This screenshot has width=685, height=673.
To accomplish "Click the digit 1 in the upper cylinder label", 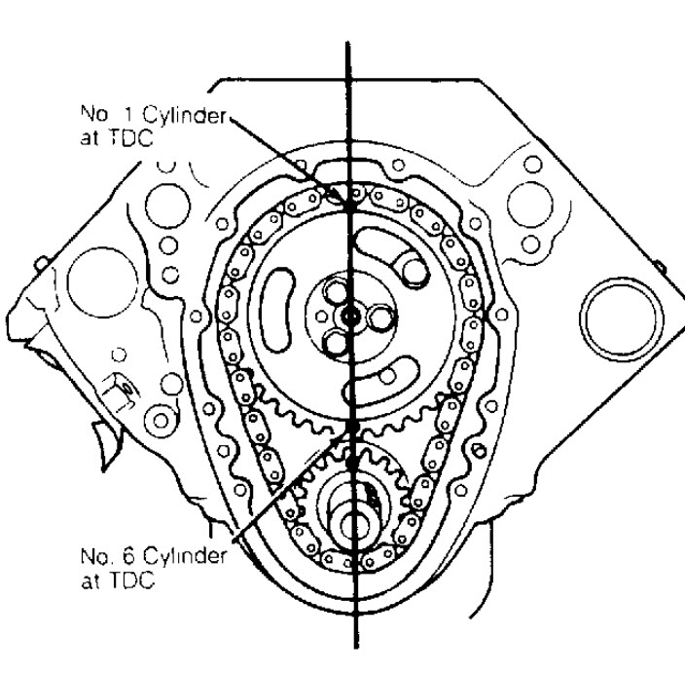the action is point(128,114).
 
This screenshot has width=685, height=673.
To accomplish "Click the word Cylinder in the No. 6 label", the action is point(185,557).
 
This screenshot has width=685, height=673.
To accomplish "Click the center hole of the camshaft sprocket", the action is point(350,315).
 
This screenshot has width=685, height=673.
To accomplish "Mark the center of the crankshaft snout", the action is point(351,526).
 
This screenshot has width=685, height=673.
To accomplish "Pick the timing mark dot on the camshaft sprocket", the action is point(353,426).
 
